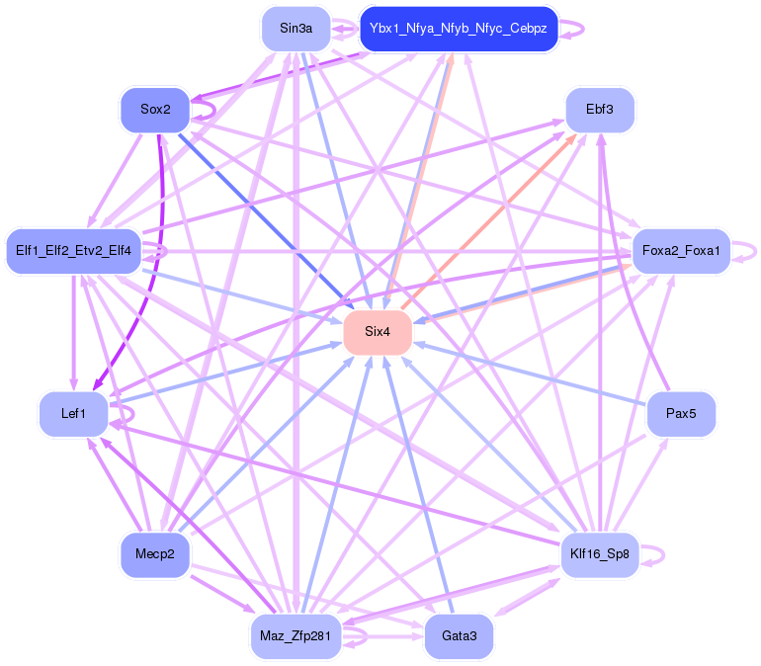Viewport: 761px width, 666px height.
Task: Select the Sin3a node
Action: (296, 28)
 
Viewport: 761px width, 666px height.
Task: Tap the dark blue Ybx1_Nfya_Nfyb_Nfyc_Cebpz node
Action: (460, 28)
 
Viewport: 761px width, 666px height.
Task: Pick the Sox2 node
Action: (155, 110)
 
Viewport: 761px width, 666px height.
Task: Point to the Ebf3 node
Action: (599, 110)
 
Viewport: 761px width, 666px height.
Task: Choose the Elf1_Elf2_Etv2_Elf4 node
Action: (74, 250)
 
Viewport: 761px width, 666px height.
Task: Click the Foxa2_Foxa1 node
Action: (681, 251)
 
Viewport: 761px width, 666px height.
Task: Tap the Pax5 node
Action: (681, 414)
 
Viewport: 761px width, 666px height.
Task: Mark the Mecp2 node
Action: (154, 554)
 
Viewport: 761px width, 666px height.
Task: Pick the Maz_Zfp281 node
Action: (296, 635)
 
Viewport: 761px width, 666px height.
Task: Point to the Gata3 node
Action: (459, 635)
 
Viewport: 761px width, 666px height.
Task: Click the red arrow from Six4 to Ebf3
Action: (494, 220)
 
